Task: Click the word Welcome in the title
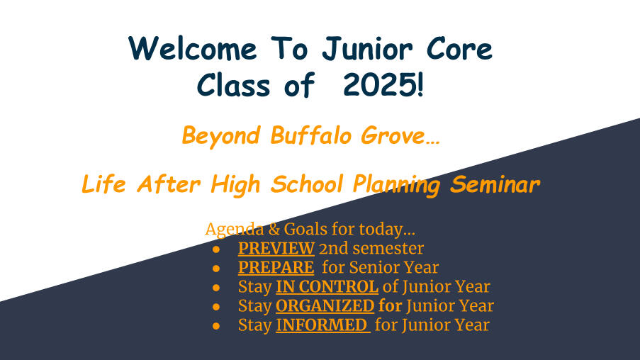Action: pyautogui.click(x=192, y=49)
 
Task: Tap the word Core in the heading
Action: pyautogui.click(x=459, y=49)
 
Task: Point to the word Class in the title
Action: pyautogui.click(x=233, y=85)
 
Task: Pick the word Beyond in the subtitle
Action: pyautogui.click(x=221, y=136)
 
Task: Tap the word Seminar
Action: pyautogui.click(x=495, y=184)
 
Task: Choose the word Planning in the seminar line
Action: pyautogui.click(x=396, y=185)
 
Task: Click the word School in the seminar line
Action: pyautogui.click(x=306, y=184)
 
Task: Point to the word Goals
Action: pyautogui.click(x=305, y=229)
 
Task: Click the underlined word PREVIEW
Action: pyautogui.click(x=276, y=248)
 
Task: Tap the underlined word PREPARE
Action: pyautogui.click(x=276, y=267)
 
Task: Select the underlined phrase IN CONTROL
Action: pyautogui.click(x=327, y=286)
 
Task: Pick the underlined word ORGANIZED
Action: pyautogui.click(x=325, y=305)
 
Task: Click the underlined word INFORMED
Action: pyautogui.click(x=323, y=325)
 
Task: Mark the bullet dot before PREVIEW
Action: pyautogui.click(x=216, y=249)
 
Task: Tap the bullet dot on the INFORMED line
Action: pyautogui.click(x=216, y=326)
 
